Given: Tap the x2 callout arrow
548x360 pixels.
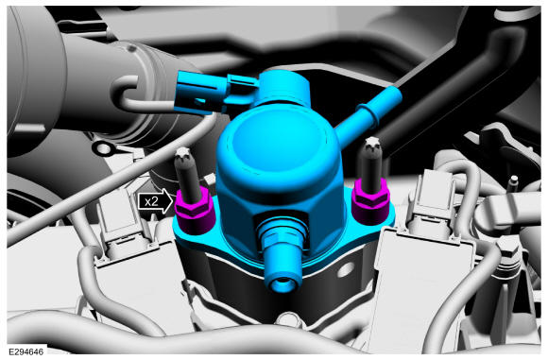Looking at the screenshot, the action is pos(155,201).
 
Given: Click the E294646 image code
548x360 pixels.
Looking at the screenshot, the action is pos(26,351).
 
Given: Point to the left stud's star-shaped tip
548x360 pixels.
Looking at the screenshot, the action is pos(183,154).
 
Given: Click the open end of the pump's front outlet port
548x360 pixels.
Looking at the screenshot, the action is pos(283,283).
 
